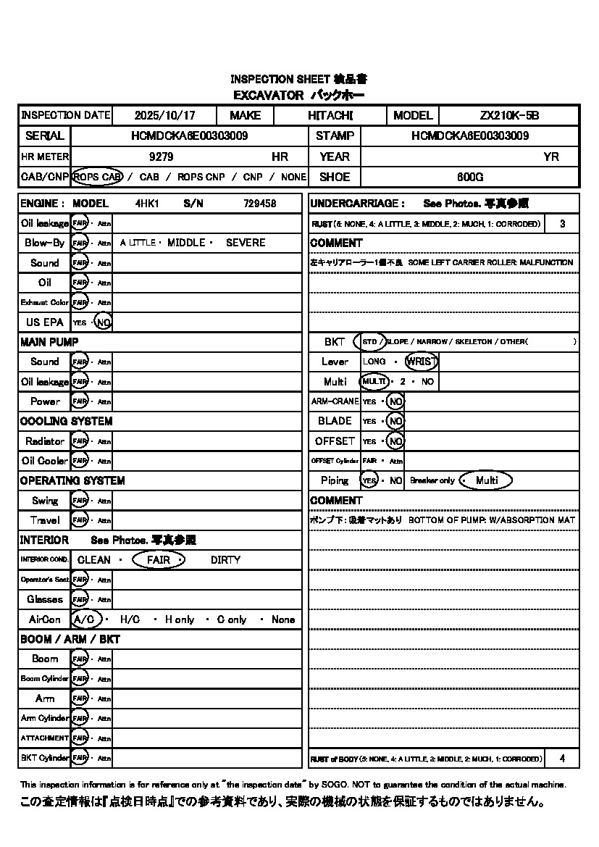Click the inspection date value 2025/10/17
click(x=164, y=115)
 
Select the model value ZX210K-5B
click(x=509, y=115)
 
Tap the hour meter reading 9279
click(x=161, y=157)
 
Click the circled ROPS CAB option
click(x=98, y=177)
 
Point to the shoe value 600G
click(x=470, y=177)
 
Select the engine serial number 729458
click(x=259, y=204)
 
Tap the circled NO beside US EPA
click(x=104, y=322)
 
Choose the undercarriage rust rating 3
click(x=562, y=224)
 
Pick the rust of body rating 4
click(x=562, y=759)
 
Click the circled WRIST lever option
click(x=422, y=361)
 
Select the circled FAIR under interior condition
click(x=159, y=559)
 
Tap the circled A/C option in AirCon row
click(x=85, y=619)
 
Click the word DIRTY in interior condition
click(x=225, y=559)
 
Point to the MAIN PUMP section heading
click(x=49, y=341)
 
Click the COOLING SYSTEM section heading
click(x=66, y=421)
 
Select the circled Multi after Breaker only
click(x=486, y=480)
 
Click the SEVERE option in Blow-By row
click(x=246, y=243)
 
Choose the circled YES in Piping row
click(x=369, y=480)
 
